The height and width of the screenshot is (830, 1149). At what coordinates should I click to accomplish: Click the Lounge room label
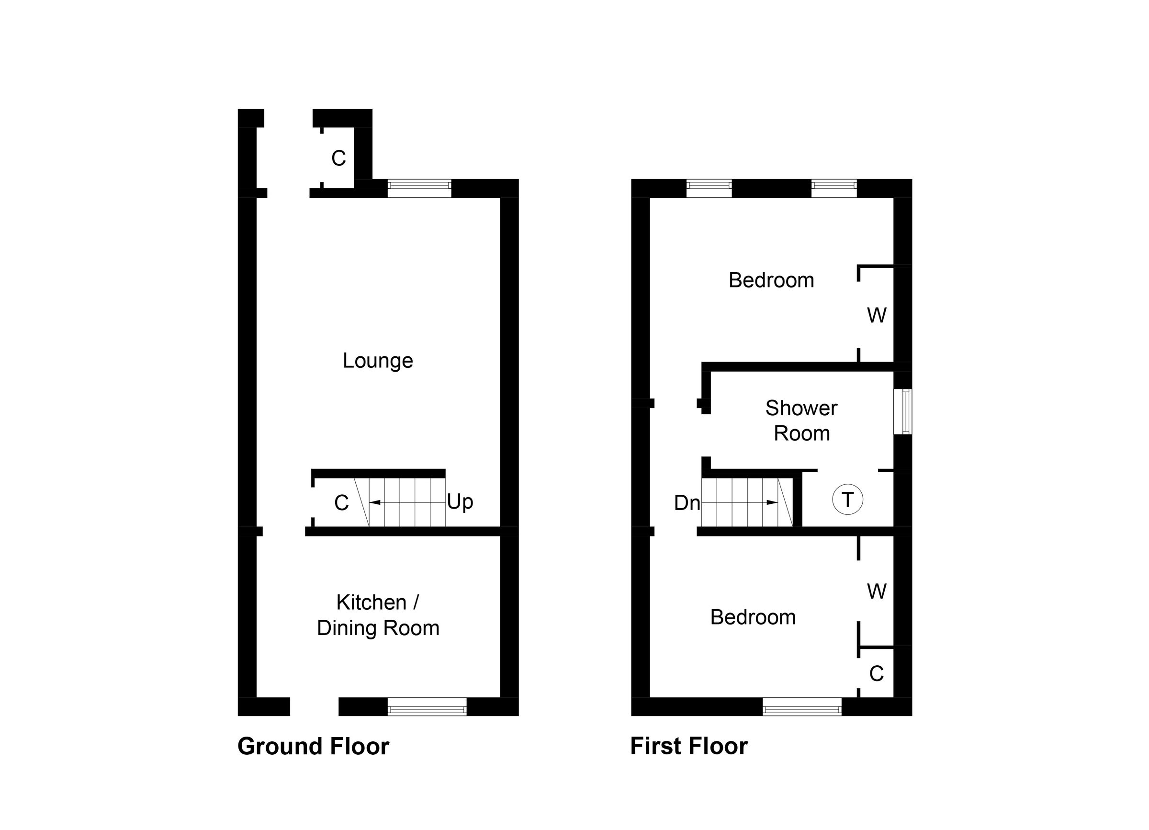[x=378, y=361]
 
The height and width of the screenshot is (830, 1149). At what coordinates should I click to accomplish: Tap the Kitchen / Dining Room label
[x=378, y=615]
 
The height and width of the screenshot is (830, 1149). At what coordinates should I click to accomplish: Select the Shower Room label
[x=801, y=421]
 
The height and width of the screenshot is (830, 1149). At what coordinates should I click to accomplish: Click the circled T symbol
[x=847, y=500]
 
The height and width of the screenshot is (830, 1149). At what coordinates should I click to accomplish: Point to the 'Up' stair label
[x=460, y=501]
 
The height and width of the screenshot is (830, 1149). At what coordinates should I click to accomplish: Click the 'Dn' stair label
[x=687, y=503]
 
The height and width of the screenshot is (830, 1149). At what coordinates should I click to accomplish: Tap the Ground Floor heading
[x=313, y=746]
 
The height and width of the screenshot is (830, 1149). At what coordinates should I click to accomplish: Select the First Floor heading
[x=689, y=746]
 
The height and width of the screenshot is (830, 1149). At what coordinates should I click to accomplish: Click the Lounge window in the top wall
[x=419, y=188]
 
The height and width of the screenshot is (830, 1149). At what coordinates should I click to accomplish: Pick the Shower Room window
[x=902, y=411]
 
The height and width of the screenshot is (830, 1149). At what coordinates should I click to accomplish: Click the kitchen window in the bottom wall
[x=427, y=706]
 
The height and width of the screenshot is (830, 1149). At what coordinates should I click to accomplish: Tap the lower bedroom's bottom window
[x=802, y=706]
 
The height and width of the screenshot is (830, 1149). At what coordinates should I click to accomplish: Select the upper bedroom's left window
[x=709, y=188]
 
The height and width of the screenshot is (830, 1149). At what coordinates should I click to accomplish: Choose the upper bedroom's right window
[x=834, y=188]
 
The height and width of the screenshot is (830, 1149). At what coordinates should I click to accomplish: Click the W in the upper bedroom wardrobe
[x=877, y=316]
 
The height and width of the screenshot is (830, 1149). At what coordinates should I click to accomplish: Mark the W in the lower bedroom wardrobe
[x=877, y=591]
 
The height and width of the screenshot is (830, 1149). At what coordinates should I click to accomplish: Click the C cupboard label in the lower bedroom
[x=877, y=674]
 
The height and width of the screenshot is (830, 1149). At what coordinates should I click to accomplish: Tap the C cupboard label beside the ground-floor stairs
[x=341, y=503]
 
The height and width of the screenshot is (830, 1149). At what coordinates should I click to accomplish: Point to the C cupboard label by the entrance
[x=338, y=159]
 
